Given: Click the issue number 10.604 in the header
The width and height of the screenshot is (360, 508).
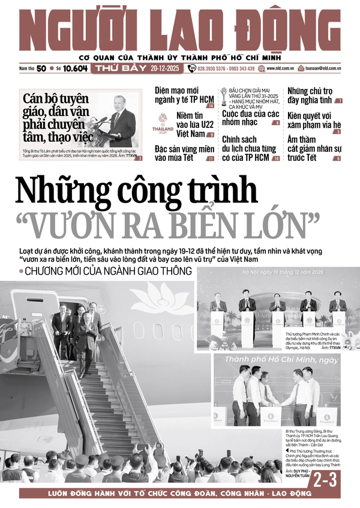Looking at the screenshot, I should coord(74,68).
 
